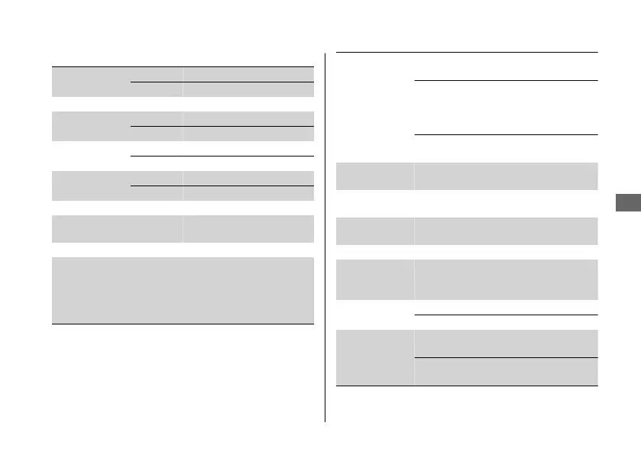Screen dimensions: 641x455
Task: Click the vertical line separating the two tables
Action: [x=325, y=237]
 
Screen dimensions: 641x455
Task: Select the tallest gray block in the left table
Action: [x=183, y=290]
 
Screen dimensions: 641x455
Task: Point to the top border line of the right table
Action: [x=466, y=53]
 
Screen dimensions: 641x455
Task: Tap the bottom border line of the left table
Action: [x=183, y=324]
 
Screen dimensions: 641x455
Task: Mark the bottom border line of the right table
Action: [x=466, y=386]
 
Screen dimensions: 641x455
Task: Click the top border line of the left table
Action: [x=183, y=67]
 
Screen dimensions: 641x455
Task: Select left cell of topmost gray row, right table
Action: [x=374, y=176]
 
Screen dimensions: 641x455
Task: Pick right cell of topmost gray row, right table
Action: [x=506, y=176]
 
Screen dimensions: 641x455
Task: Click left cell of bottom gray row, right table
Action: [x=374, y=357]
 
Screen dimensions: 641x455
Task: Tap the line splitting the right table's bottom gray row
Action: [x=506, y=357]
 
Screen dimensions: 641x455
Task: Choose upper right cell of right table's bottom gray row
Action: [x=506, y=344]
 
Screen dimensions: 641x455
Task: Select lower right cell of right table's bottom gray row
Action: [x=506, y=371]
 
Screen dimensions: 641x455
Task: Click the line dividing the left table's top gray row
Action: [x=222, y=82]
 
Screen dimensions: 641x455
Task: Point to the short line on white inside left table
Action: [x=222, y=156]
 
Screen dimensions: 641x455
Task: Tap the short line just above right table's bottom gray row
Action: [x=506, y=315]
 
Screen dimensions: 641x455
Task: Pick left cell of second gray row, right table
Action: [x=374, y=230]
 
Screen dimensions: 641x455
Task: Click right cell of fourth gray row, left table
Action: [x=248, y=228]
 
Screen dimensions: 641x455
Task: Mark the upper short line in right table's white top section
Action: [x=506, y=80]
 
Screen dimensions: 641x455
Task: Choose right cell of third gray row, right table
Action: [x=506, y=279]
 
